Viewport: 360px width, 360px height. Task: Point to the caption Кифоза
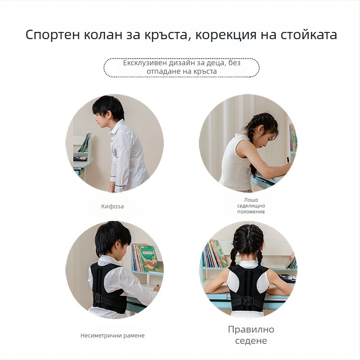[112, 207]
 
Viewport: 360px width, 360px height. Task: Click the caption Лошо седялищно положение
[251, 206]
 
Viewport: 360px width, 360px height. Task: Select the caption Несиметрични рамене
[112, 336]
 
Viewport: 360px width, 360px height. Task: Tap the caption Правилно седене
[251, 335]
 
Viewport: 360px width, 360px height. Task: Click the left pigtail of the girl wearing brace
[233, 256]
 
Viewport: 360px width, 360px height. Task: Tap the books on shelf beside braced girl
[214, 254]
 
